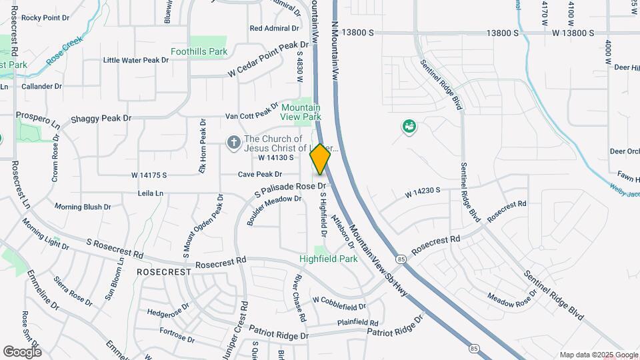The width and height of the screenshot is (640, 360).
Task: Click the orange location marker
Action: tap(320, 159)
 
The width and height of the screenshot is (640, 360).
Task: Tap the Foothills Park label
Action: tap(199, 51)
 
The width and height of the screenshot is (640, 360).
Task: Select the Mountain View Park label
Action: tap(301, 112)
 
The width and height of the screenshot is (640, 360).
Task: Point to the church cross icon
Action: tap(233, 141)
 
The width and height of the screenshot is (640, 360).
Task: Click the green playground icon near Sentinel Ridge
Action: tap(409, 125)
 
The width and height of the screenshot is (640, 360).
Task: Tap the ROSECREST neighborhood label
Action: tap(164, 272)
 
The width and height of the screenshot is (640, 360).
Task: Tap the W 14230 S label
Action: tap(423, 193)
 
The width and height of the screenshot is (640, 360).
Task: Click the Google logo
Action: tap(22, 352)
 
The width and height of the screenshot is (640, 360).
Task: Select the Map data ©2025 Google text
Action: tap(598, 355)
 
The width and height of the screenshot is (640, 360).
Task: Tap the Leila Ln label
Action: tap(149, 193)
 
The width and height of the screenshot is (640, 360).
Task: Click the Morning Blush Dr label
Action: tap(83, 207)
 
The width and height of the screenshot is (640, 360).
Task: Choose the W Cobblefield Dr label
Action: tap(339, 303)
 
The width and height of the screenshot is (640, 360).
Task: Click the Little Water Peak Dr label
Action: tap(136, 60)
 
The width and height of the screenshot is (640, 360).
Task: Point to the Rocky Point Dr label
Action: tap(45, 17)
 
